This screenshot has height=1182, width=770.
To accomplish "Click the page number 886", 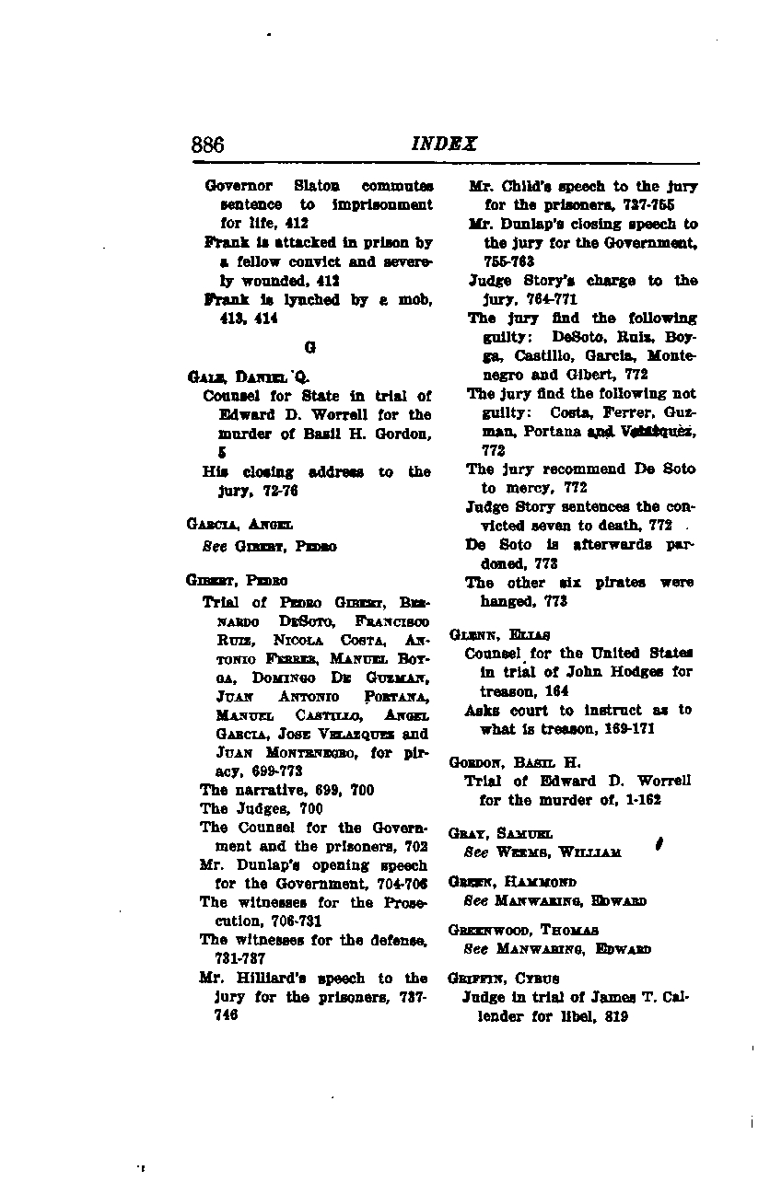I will (x=207, y=145).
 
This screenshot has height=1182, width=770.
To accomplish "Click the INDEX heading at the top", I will (x=444, y=145).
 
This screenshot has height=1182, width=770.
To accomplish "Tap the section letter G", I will (x=309, y=349).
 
